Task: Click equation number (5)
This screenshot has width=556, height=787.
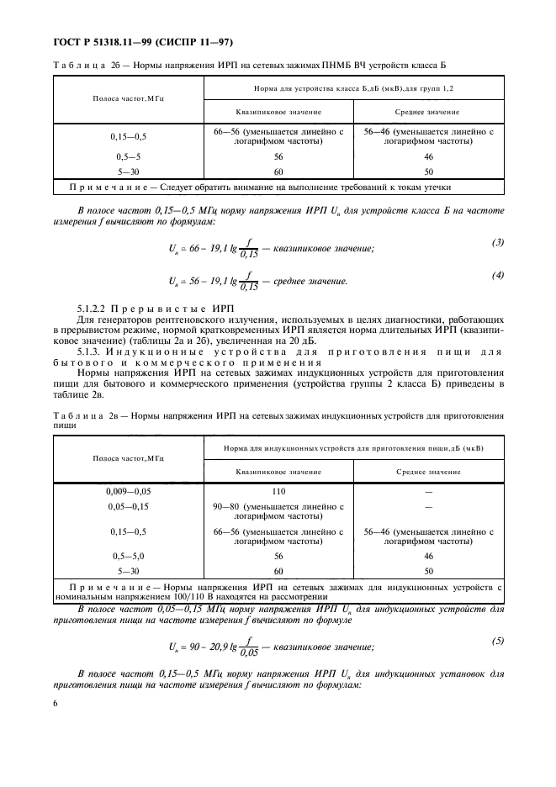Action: click(497, 641)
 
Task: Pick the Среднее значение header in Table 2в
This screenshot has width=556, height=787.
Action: click(428, 472)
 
